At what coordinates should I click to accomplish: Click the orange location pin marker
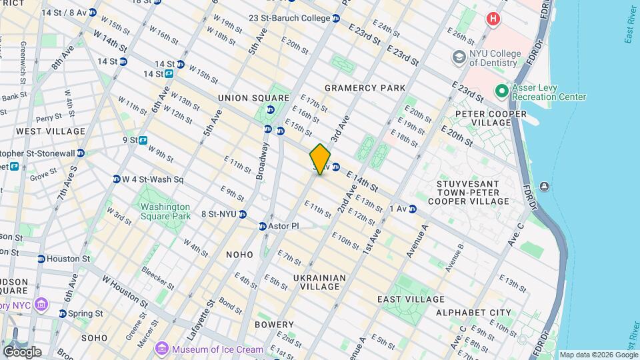pyautogui.click(x=320, y=159)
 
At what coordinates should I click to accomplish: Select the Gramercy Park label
pyautogui.click(x=365, y=88)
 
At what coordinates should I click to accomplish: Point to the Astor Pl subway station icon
pyautogui.click(x=263, y=227)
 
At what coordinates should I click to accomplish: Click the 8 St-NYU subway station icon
pyautogui.click(x=243, y=215)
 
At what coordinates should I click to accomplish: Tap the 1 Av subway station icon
pyautogui.click(x=413, y=209)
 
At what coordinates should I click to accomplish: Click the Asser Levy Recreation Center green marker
pyautogui.click(x=501, y=90)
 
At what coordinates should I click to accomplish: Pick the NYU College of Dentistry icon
pyautogui.click(x=458, y=57)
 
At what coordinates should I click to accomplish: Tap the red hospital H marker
pyautogui.click(x=493, y=19)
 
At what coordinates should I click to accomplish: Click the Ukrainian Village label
pyautogui.click(x=319, y=283)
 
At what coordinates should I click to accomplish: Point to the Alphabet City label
pyautogui.click(x=473, y=312)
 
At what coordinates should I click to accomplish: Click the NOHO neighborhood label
pyautogui.click(x=239, y=255)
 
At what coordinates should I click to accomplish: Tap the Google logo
pyautogui.click(x=22, y=351)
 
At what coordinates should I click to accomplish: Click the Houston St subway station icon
pyautogui.click(x=41, y=259)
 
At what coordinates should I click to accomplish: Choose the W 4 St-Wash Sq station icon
pyautogui.click(x=116, y=179)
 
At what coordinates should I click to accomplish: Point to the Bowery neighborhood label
pyautogui.click(x=275, y=324)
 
